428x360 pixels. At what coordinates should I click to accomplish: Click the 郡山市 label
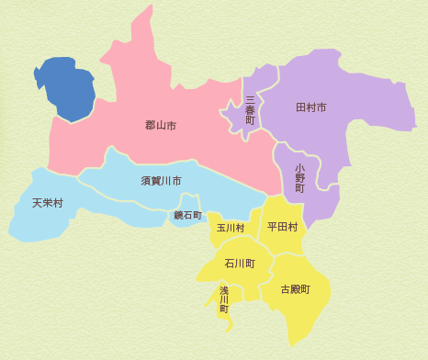[x=161, y=125]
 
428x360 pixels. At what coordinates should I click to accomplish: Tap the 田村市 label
[x=311, y=108]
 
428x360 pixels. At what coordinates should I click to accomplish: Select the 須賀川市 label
[x=161, y=181]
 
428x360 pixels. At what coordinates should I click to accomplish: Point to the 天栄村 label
[x=48, y=203]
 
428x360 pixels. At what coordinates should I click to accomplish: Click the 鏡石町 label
[x=188, y=215]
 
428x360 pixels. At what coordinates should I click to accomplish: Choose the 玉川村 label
[x=231, y=227]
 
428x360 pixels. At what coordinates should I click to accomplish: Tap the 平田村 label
[x=282, y=226]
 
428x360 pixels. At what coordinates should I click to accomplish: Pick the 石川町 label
[x=240, y=264]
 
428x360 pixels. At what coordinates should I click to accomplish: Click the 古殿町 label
[x=296, y=288]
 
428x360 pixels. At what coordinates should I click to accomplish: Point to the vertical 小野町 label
[x=299, y=177]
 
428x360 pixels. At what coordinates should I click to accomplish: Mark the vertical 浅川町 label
[x=223, y=300]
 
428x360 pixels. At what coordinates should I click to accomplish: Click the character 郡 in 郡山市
[x=150, y=125]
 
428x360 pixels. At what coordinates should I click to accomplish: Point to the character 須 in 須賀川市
[x=145, y=181]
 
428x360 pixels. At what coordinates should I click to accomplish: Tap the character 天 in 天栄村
[x=37, y=203]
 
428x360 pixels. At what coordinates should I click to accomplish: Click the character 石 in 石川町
[x=230, y=264]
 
